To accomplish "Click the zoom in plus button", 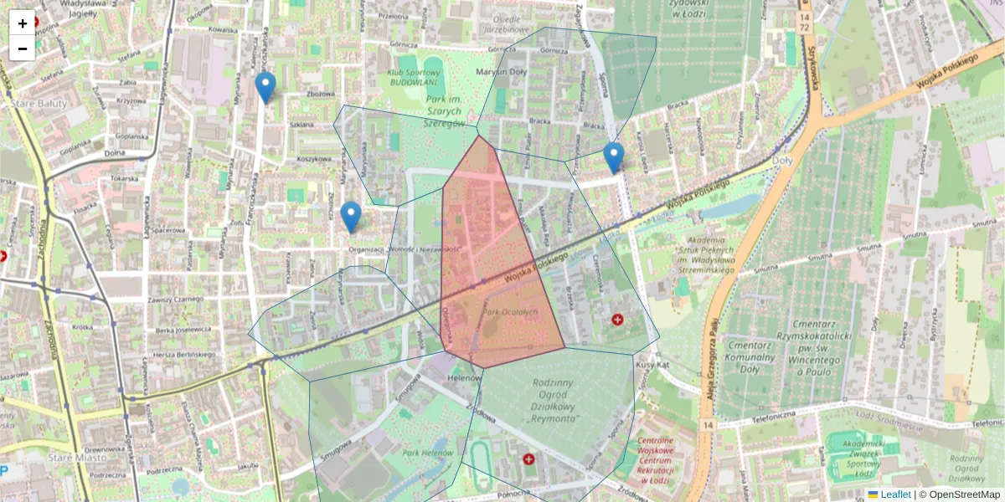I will pos(23,23).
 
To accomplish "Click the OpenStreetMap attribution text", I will pos(964,494).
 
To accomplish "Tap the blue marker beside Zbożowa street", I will pos(265,87).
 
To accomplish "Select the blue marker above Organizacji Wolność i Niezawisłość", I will pos(352,217).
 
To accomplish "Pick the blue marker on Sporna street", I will pos(614,157).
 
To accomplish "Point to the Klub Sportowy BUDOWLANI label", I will pos(418,79).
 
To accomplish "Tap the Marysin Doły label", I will pos(501,72).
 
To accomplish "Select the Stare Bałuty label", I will pos(34,102).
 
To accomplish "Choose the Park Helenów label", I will pos(421,453).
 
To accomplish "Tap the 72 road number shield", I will pos(805,28).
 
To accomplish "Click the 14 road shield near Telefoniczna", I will pos(709,426).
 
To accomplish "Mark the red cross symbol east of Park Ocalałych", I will pos(618,319).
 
